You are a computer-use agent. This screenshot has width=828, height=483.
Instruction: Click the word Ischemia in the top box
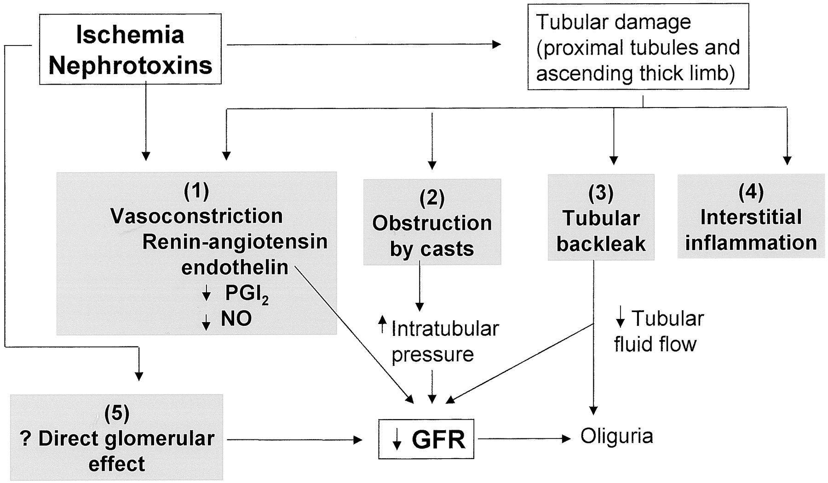coord(130,35)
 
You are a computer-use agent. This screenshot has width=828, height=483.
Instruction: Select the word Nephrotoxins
coord(130,65)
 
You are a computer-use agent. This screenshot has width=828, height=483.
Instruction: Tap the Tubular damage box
coord(638,47)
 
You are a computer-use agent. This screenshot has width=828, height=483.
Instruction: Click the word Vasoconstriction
coord(196,216)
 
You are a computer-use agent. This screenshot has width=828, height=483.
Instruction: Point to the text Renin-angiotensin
coord(235,242)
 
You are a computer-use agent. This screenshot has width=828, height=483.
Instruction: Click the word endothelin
coord(235,267)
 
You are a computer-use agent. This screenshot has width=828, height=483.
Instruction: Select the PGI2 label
coord(247,294)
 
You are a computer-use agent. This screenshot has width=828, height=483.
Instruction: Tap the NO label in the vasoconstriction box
coord(236,318)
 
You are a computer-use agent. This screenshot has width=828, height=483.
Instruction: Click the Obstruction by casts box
coord(432,222)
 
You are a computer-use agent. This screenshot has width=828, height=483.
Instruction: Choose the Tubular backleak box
coord(601,217)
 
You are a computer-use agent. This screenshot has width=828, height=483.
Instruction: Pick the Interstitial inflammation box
coord(751,216)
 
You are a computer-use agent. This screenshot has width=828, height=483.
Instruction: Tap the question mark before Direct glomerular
coord(26,439)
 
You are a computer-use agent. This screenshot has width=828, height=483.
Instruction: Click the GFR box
coord(426,439)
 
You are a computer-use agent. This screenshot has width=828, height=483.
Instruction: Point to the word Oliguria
coord(616,436)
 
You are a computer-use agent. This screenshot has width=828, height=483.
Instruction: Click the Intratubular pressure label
coord(439,341)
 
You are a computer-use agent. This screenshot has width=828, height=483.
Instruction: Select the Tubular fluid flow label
coord(659,331)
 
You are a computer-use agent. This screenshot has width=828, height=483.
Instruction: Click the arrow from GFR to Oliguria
coord(524,439)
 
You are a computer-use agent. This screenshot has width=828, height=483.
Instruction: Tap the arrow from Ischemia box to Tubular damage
coord(364,45)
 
